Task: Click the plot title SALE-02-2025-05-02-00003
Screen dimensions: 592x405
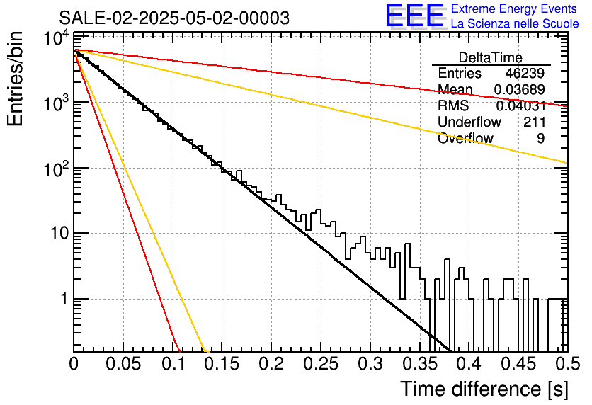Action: (174, 18)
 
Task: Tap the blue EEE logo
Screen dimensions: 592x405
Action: (415, 16)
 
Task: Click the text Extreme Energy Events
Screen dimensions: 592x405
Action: (514, 8)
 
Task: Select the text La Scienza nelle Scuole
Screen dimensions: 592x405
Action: (515, 23)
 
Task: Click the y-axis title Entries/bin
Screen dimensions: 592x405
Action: (15, 79)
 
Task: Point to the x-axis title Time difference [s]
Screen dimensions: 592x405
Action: (484, 389)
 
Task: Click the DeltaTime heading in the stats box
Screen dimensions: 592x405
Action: (491, 57)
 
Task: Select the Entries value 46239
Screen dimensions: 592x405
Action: (525, 73)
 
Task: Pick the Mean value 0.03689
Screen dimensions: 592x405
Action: (519, 89)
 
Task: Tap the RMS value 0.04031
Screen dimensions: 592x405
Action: (520, 105)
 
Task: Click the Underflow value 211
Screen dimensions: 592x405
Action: (534, 122)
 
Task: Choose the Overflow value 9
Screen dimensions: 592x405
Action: (540, 138)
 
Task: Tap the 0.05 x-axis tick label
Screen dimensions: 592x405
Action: (123, 364)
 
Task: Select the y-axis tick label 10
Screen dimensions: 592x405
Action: (59, 233)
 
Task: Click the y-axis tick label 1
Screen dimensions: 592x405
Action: (64, 299)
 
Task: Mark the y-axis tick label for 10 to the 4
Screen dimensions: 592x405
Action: (56, 38)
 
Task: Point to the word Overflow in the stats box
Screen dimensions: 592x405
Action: (465, 138)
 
